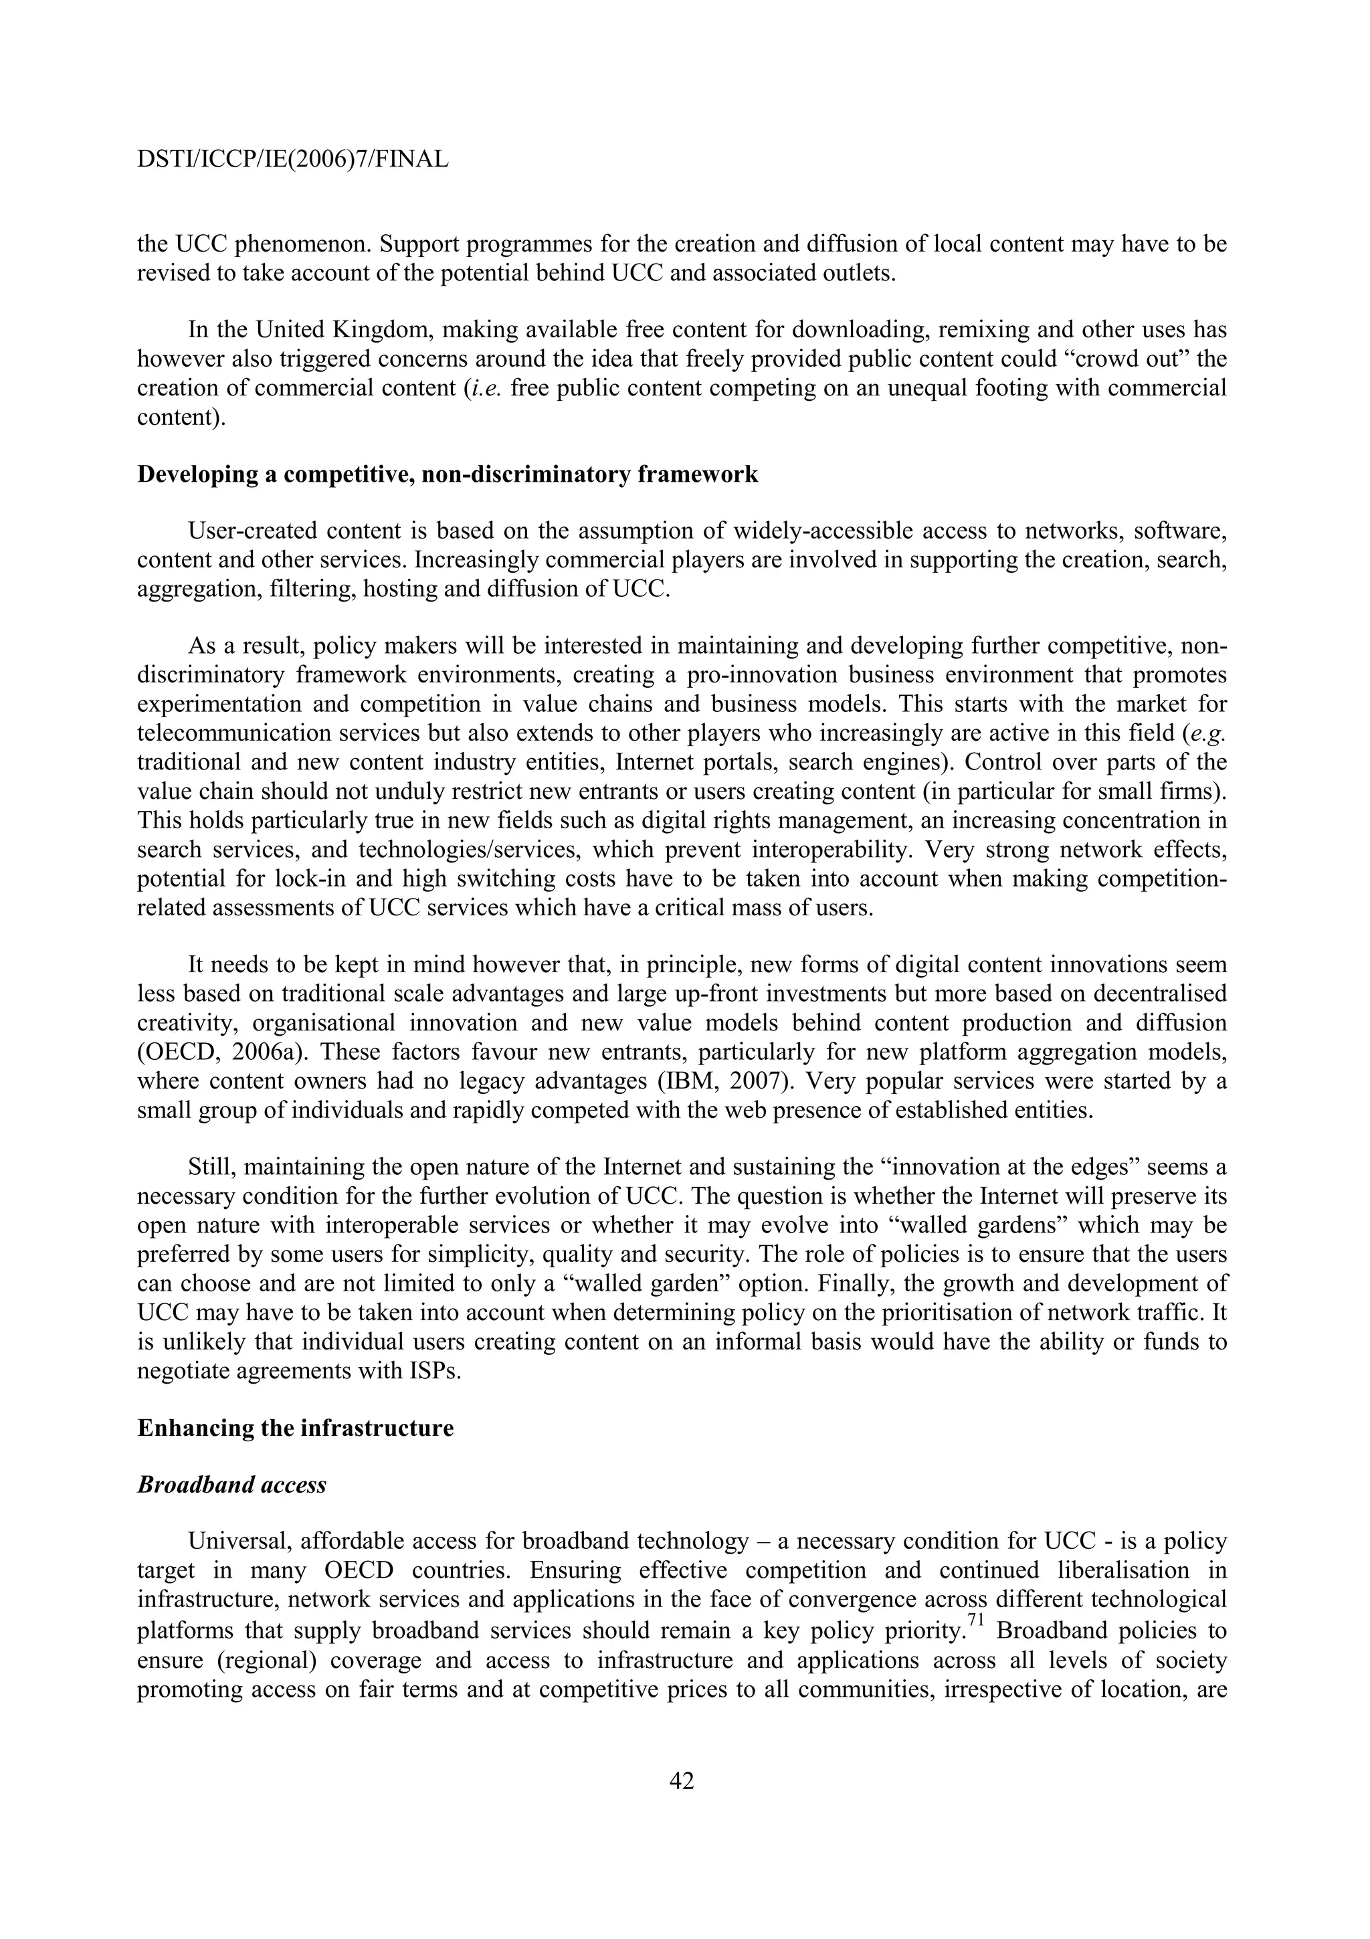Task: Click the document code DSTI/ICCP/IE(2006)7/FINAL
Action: pyautogui.click(x=292, y=159)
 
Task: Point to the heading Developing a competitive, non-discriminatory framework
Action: pyautogui.click(x=448, y=474)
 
